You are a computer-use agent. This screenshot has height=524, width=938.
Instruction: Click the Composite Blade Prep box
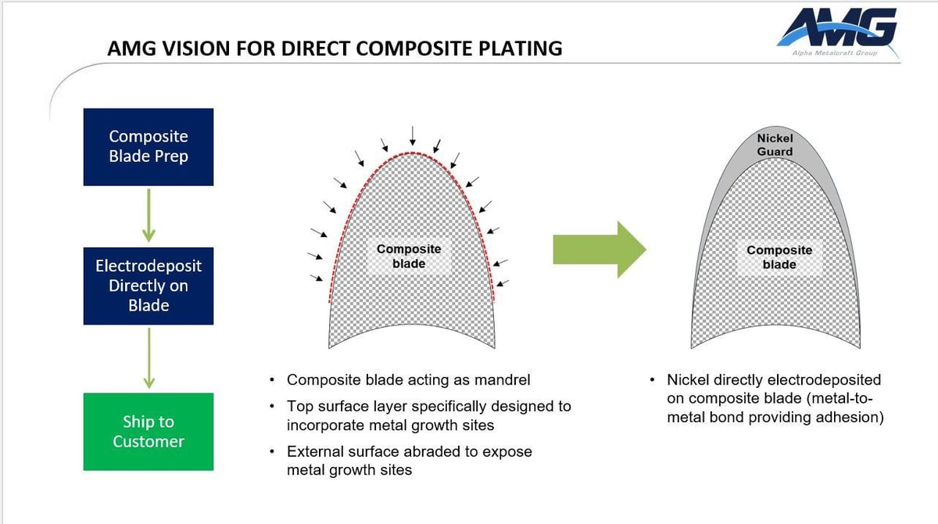(x=149, y=147)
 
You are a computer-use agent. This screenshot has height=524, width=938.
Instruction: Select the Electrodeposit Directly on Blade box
(x=149, y=285)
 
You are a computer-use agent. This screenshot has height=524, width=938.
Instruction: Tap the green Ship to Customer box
(x=149, y=431)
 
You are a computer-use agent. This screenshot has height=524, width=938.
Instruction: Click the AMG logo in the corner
(x=837, y=29)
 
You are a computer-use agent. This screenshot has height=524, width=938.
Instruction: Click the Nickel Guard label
(x=775, y=145)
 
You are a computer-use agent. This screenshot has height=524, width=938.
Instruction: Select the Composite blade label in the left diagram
(x=409, y=257)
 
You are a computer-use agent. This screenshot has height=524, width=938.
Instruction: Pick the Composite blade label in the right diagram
(x=779, y=257)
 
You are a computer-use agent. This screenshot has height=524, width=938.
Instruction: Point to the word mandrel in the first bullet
(x=501, y=380)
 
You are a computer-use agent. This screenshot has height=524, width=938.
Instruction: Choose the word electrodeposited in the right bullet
(x=829, y=380)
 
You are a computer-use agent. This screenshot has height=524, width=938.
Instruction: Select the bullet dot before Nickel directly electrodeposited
(x=652, y=381)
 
